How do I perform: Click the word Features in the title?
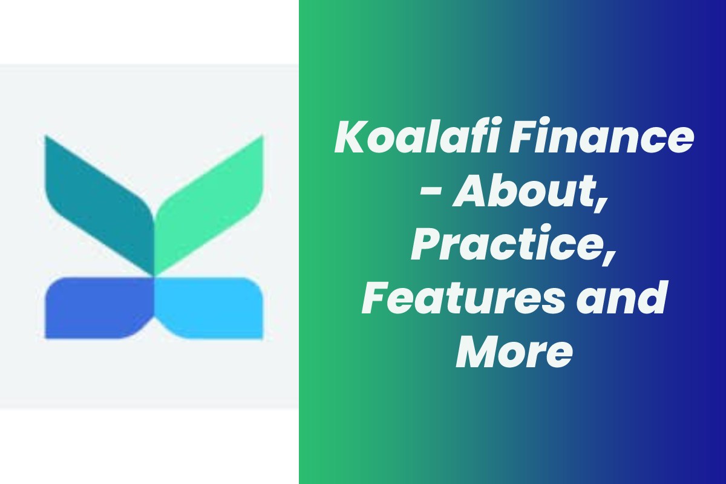463,298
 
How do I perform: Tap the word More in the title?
514,351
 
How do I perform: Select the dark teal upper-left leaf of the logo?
99,204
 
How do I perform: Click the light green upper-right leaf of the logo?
209,204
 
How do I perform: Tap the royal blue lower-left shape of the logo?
99,308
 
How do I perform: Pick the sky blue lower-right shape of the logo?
209,308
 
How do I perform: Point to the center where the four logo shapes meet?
154,277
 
